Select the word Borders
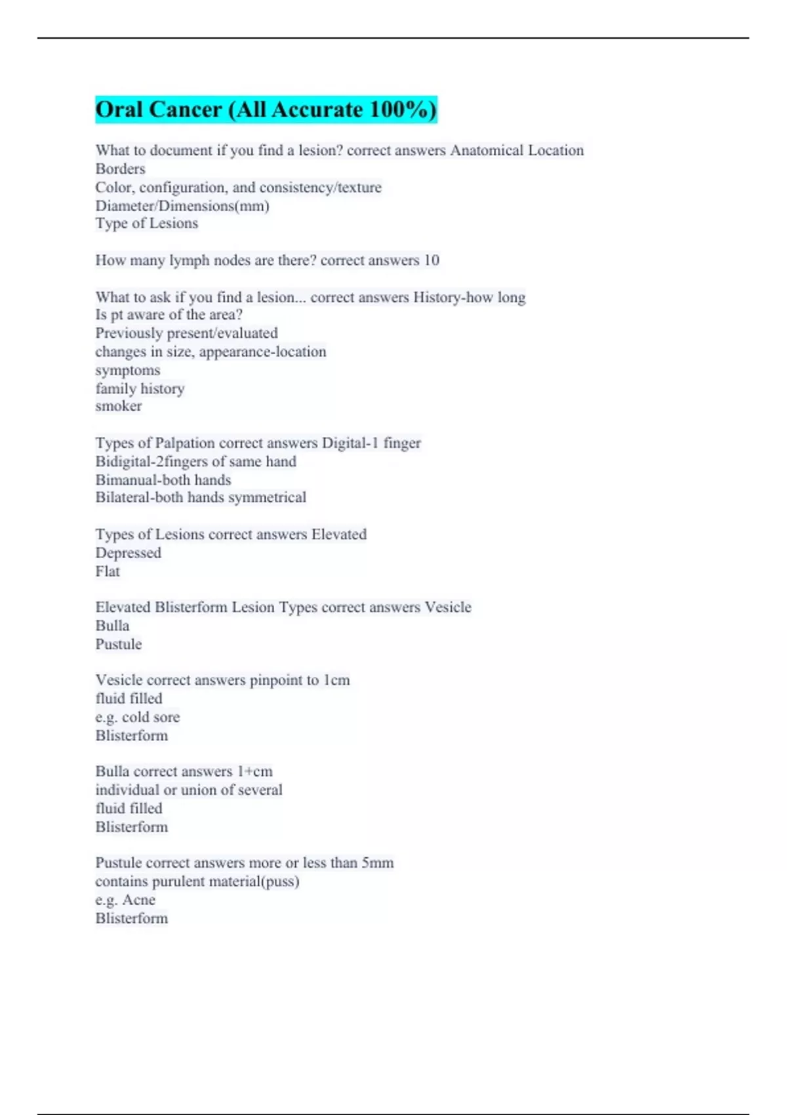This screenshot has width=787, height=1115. [120, 169]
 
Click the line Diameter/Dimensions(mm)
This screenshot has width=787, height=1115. [182, 206]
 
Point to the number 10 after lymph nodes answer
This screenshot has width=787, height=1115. [431, 260]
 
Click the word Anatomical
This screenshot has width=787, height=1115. [487, 151]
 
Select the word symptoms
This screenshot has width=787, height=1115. [127, 371]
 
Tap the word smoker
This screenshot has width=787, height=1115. [118, 407]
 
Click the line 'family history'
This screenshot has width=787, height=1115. [140, 389]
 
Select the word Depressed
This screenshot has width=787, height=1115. [128, 553]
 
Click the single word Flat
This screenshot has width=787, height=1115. [108, 571]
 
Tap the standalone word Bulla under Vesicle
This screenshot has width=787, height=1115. [112, 626]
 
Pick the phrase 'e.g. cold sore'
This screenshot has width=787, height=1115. [137, 718]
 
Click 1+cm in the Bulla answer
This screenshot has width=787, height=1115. [254, 772]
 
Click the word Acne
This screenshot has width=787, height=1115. [138, 900]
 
